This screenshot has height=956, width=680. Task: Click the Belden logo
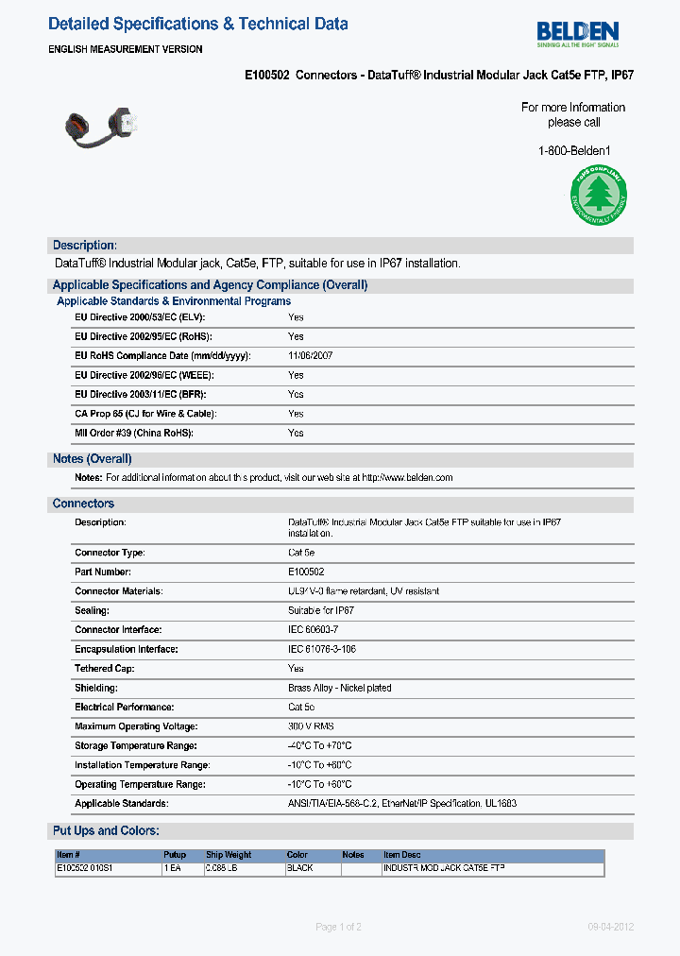coord(578,34)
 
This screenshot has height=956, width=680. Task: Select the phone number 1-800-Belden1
coord(574,150)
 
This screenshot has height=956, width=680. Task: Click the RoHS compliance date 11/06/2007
coord(310,356)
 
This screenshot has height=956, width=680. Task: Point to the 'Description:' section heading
coord(85,246)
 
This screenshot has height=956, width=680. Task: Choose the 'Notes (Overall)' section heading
coord(93,459)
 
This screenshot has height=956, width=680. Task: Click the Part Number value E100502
coord(306,572)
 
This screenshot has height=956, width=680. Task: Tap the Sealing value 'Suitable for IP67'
coord(321,611)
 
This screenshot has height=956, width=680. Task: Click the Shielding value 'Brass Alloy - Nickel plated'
coord(339,689)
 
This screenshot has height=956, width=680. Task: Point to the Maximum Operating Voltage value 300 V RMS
coord(311,726)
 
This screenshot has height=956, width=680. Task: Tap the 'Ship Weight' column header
coord(229,855)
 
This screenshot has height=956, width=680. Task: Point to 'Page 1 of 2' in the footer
coord(338,927)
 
